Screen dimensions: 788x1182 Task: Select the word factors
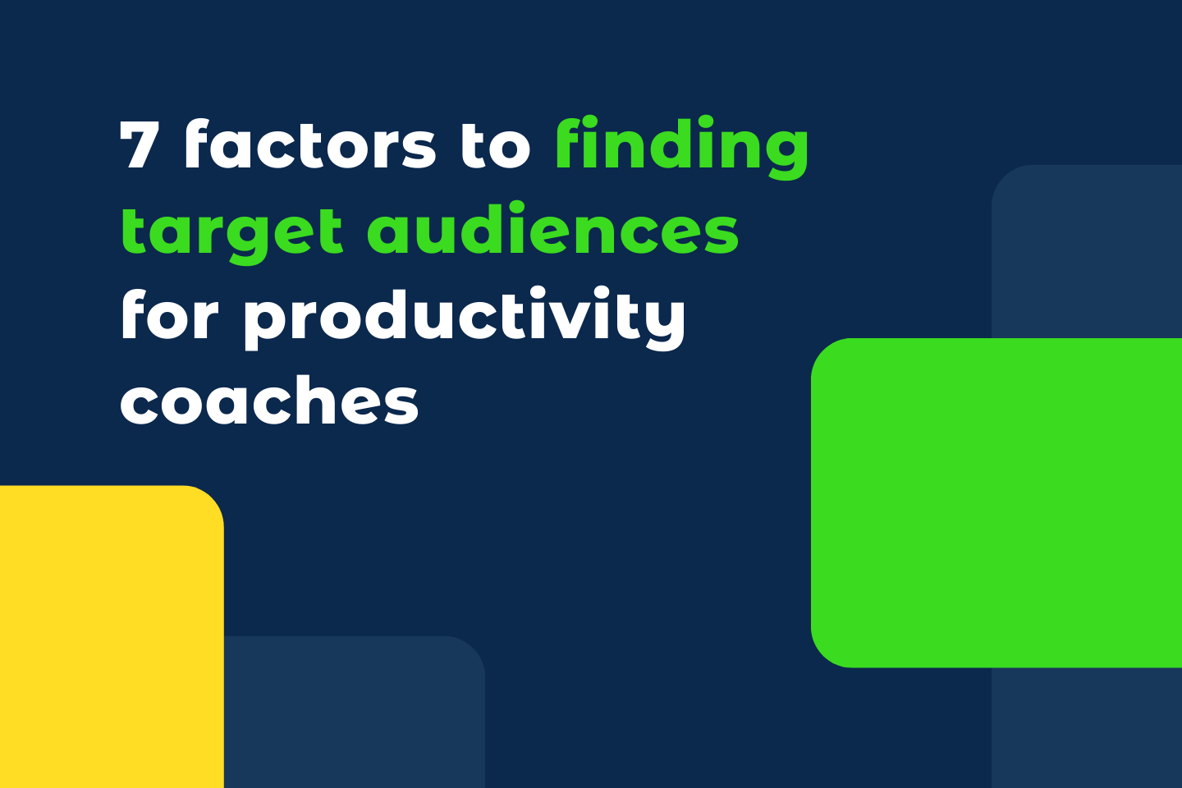309,145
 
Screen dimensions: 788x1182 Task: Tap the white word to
495,145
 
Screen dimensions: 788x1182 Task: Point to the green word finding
681,146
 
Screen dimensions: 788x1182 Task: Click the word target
231,232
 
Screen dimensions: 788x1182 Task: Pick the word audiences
552,231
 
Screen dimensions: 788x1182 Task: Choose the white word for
169,315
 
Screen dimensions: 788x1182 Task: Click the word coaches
269,401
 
